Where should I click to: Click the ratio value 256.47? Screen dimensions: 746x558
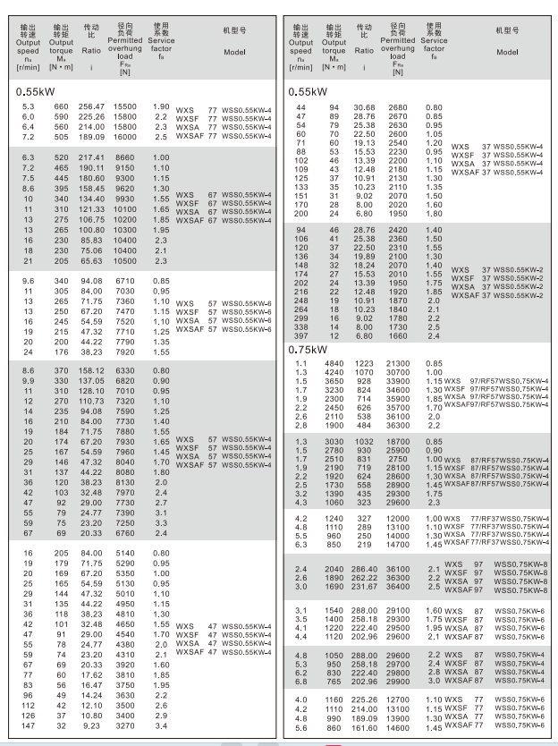[93, 107]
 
